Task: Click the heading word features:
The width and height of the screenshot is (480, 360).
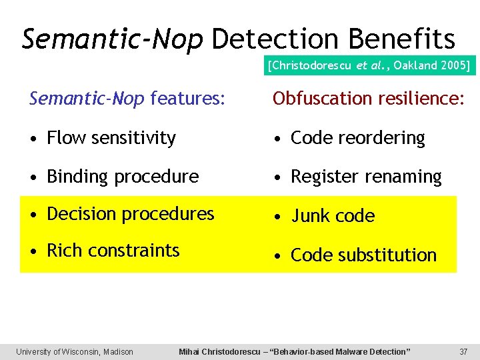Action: coord(187,99)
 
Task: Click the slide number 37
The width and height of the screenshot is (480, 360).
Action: coord(463,351)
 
